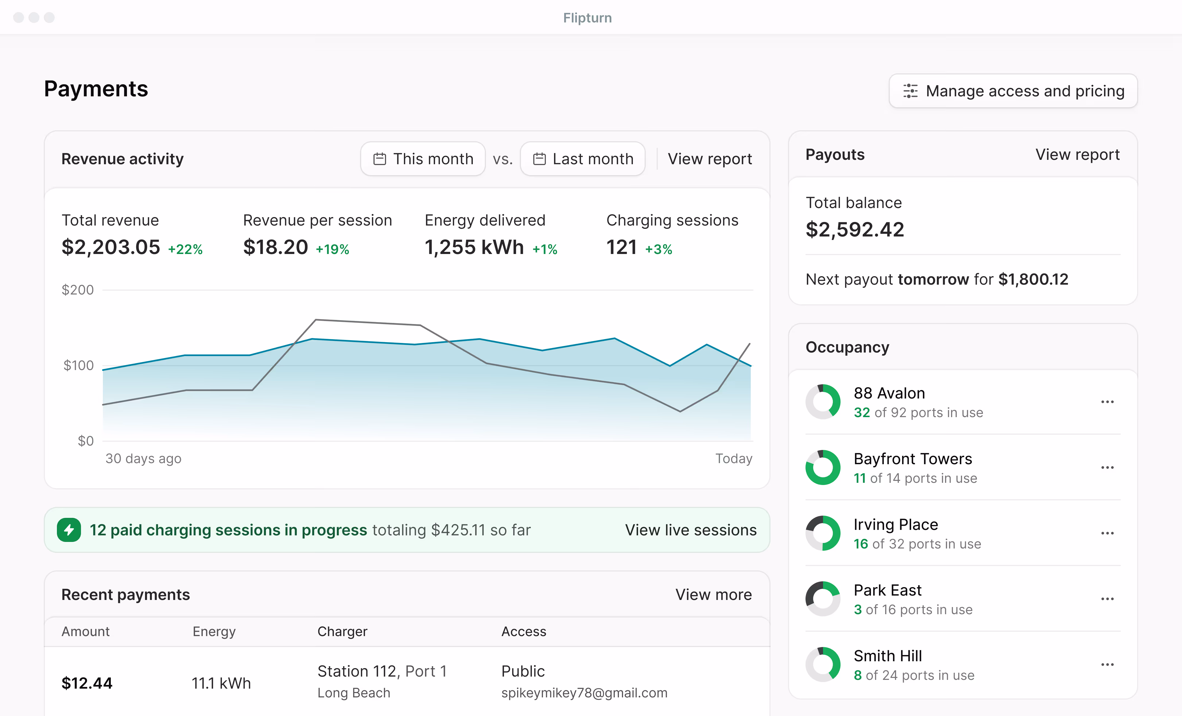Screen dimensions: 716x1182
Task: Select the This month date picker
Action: [x=423, y=159]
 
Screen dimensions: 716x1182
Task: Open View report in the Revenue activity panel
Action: [x=709, y=159]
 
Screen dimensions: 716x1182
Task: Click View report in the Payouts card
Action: [x=1077, y=155]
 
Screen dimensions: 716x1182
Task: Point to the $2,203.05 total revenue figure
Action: [x=111, y=247]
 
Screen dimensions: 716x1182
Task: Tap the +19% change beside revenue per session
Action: [x=332, y=249]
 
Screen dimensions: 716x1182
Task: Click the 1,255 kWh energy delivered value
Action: [x=474, y=247]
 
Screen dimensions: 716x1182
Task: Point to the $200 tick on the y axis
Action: [x=78, y=290]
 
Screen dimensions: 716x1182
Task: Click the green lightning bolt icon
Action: [x=69, y=530]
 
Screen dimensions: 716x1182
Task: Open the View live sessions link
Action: [x=690, y=530]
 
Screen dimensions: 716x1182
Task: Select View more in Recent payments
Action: [x=713, y=594]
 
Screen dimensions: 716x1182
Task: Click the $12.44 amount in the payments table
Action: [x=87, y=683]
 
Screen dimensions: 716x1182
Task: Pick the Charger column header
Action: [x=342, y=631]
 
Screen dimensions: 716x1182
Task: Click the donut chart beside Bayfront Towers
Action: [x=823, y=467]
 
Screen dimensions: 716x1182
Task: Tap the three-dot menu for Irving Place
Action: [x=1107, y=533]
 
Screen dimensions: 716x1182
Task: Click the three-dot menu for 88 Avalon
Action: [x=1107, y=402]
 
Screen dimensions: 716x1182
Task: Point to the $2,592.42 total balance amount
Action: [x=855, y=229]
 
